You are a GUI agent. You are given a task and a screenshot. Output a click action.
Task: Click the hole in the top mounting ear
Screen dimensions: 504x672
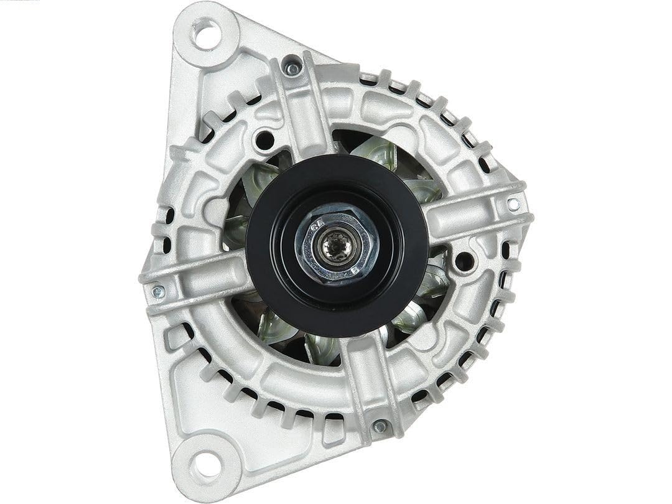[x=207, y=34]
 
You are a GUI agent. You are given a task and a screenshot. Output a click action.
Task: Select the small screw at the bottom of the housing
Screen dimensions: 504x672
[x=380, y=427]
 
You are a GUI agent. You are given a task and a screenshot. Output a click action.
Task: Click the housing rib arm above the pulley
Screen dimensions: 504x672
[x=301, y=112]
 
